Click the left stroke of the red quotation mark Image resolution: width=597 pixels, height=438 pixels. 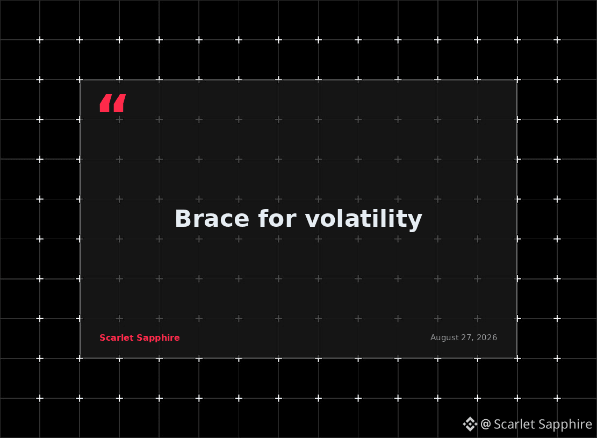(x=105, y=103)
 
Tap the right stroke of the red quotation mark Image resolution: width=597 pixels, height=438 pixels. (x=119, y=103)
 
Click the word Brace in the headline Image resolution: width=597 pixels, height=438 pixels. (x=212, y=219)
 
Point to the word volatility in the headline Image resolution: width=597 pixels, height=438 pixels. (x=364, y=220)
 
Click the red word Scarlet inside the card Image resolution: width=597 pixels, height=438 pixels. (x=117, y=338)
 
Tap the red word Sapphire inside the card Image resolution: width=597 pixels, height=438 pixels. (x=158, y=338)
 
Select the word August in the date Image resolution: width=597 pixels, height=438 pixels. (x=445, y=338)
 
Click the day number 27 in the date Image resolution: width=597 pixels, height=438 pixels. (x=467, y=338)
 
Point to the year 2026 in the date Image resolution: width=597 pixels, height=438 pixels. (x=487, y=338)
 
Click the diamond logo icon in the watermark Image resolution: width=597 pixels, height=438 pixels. (x=470, y=424)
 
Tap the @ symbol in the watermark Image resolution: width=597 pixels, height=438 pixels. (x=485, y=424)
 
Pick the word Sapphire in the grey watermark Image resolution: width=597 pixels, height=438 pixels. (x=560, y=425)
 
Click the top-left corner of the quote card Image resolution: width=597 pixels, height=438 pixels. (x=81, y=80)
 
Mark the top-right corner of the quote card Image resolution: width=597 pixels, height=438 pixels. (x=516, y=80)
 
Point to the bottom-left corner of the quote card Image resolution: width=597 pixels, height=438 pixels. (x=81, y=358)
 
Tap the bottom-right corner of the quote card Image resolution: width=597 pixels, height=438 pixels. (x=516, y=358)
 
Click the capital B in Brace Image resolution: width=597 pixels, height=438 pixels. (x=182, y=219)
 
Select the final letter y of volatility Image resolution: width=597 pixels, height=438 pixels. (x=416, y=222)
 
